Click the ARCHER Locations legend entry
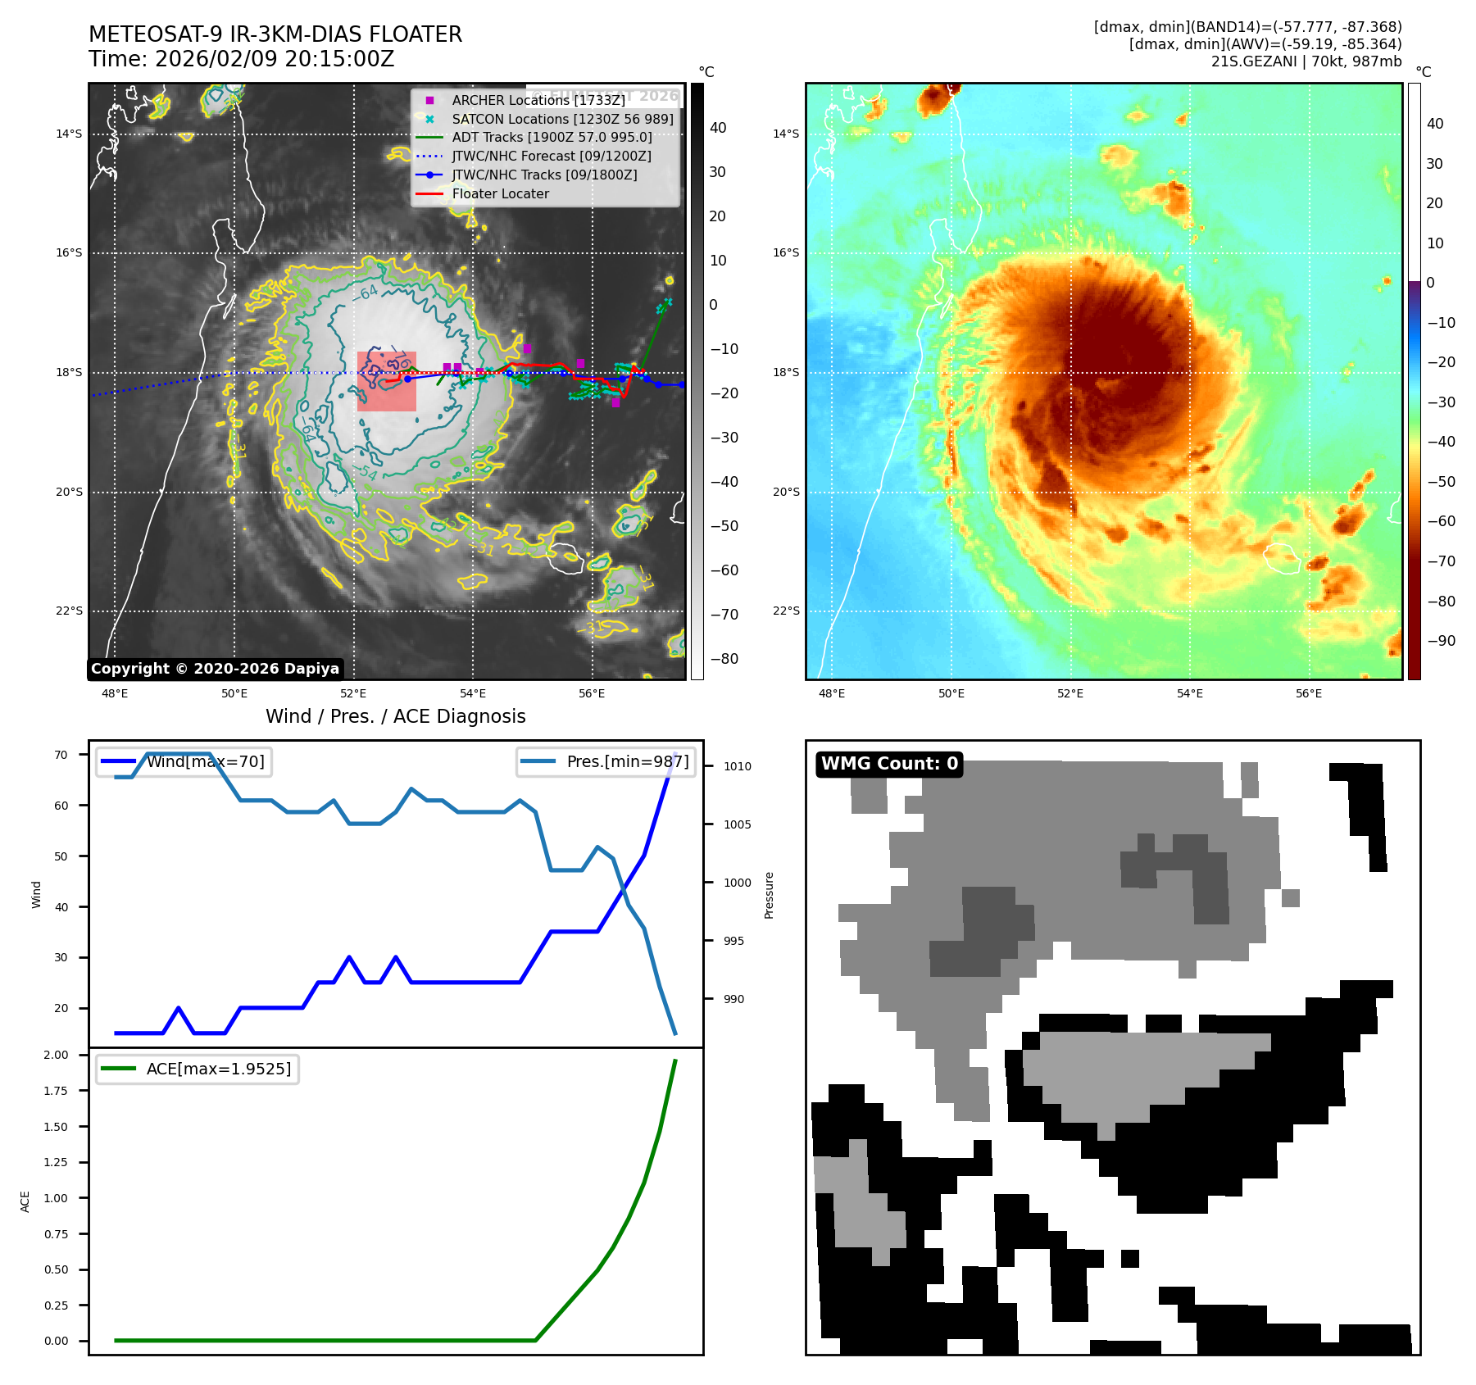tap(538, 100)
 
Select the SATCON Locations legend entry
tap(562, 119)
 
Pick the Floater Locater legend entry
tap(500, 193)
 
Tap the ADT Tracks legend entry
tap(552, 137)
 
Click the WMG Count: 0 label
tap(889, 764)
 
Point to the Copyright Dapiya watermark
tap(215, 669)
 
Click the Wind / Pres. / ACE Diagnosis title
tap(395, 716)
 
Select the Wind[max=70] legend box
tap(184, 761)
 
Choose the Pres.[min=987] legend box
tap(606, 761)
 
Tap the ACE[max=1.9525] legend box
tap(197, 1069)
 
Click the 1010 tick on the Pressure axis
tap(737, 766)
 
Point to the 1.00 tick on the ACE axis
tap(56, 1198)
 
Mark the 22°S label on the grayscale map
tap(69, 611)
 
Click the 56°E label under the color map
tap(1308, 693)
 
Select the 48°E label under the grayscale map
tap(115, 693)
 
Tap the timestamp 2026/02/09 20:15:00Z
tap(274, 59)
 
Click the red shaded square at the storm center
tap(386, 381)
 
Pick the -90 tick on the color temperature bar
tap(1441, 641)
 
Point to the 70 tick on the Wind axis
tap(61, 755)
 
